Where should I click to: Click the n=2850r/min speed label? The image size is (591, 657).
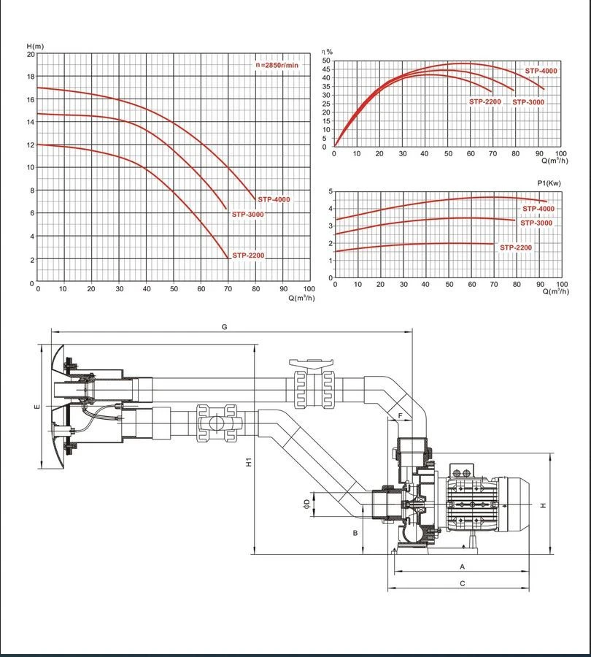(277, 65)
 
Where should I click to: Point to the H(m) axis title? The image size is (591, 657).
(35, 47)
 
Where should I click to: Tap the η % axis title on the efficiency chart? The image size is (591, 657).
(328, 52)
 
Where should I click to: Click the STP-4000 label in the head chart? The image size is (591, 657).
(274, 199)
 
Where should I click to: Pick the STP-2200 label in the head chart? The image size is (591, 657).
(248, 255)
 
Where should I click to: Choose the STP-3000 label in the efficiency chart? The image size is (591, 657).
(528, 102)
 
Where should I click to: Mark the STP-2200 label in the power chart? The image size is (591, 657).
(516, 248)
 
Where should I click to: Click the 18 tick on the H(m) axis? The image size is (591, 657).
(31, 77)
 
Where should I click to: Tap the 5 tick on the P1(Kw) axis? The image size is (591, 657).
(331, 192)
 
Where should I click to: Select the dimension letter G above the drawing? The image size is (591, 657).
(225, 327)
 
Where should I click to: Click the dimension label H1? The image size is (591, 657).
(249, 462)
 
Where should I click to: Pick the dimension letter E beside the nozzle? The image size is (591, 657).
(36, 407)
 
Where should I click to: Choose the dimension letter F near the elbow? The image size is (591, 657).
(401, 415)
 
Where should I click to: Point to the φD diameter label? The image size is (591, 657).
(306, 502)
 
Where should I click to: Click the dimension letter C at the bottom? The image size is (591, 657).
(462, 583)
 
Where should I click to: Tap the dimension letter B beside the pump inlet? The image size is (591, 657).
(355, 533)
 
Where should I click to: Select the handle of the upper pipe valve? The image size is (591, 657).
(310, 363)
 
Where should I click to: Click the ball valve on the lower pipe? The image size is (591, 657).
(217, 423)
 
